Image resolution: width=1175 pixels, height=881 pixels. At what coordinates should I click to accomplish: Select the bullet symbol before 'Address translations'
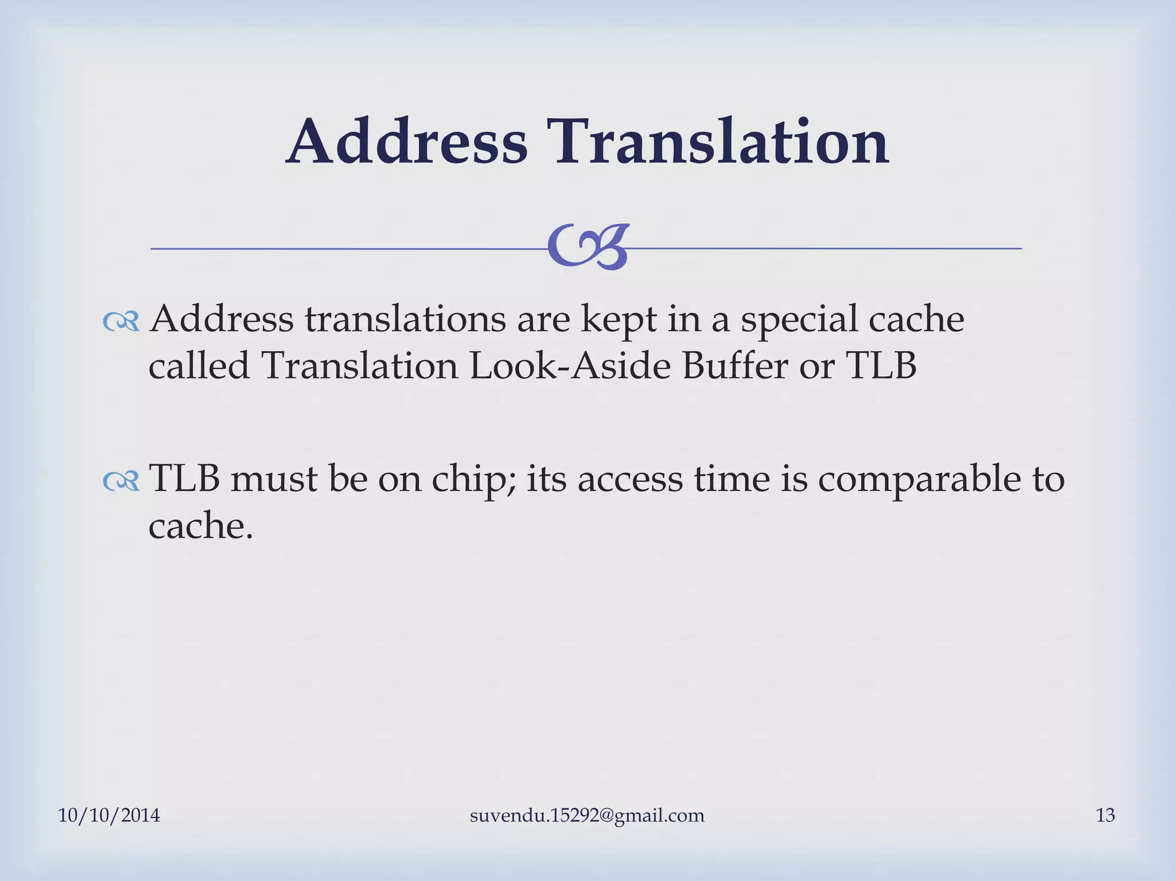click(x=121, y=323)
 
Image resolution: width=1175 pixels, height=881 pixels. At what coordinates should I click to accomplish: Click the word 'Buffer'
click(x=735, y=366)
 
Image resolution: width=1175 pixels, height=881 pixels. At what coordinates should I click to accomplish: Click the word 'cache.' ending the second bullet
click(x=201, y=526)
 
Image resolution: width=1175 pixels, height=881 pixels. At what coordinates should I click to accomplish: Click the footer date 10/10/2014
click(x=109, y=815)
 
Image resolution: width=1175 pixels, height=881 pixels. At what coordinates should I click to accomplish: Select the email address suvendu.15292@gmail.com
click(x=587, y=816)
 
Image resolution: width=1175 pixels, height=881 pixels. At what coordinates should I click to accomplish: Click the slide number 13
click(x=1105, y=815)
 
